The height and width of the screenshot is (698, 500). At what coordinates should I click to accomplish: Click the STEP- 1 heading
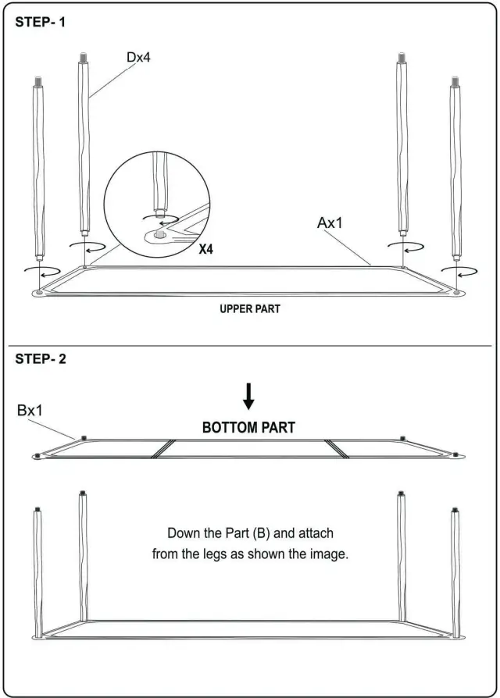[x=41, y=22]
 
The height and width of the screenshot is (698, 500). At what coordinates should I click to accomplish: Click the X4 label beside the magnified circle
[x=207, y=250]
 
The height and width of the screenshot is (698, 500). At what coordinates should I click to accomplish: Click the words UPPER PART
[x=249, y=309]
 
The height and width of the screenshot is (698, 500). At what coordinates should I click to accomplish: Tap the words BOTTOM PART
[x=248, y=428]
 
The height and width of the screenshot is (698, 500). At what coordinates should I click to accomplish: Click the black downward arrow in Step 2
[x=248, y=397]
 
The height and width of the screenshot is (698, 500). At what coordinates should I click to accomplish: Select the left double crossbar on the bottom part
[x=162, y=447]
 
